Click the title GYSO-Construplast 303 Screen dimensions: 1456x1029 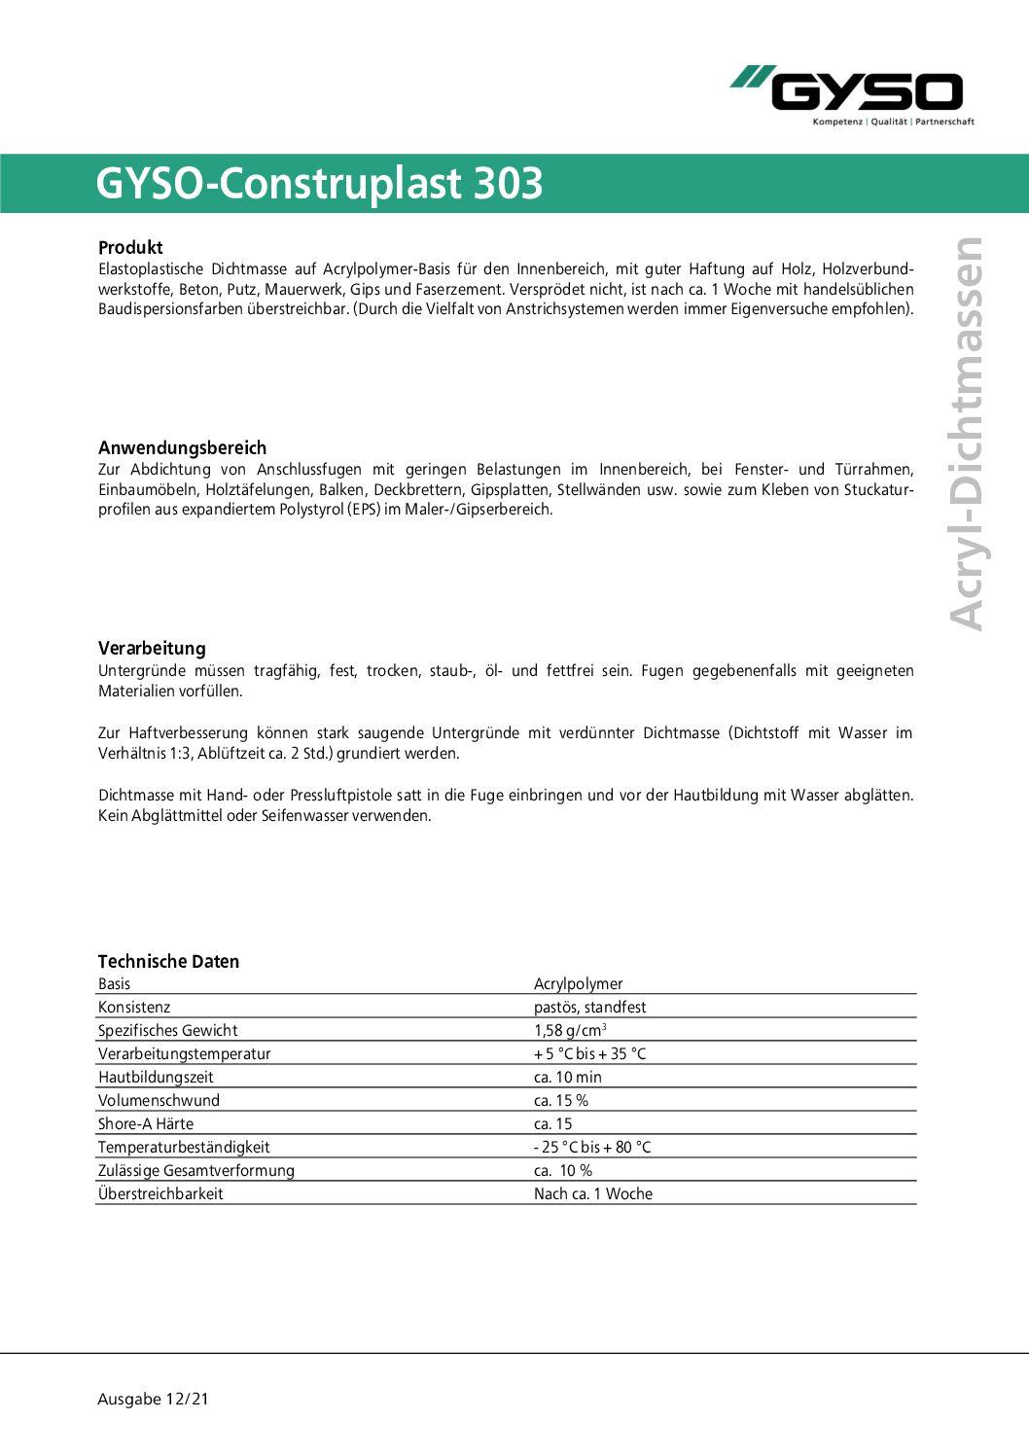(319, 184)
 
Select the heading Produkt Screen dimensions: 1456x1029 (130, 247)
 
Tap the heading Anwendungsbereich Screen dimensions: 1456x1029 (182, 447)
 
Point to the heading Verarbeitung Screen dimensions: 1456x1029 (152, 648)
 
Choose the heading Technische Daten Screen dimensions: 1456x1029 (168, 961)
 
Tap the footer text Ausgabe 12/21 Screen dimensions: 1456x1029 (153, 1399)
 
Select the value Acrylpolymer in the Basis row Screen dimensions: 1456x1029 (578, 983)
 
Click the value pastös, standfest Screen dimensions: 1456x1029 (589, 1007)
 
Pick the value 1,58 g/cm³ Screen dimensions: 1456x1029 (570, 1030)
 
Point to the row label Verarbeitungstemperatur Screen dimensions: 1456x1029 (184, 1053)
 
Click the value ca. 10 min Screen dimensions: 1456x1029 (567, 1077)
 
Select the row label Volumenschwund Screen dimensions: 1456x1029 (159, 1100)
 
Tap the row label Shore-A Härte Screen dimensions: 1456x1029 (146, 1123)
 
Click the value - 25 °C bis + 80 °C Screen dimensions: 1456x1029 (592, 1147)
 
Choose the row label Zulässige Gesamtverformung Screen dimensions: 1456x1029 (195, 1170)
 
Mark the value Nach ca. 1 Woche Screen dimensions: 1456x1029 (593, 1193)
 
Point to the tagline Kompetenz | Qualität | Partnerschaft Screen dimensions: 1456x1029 (893, 122)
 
